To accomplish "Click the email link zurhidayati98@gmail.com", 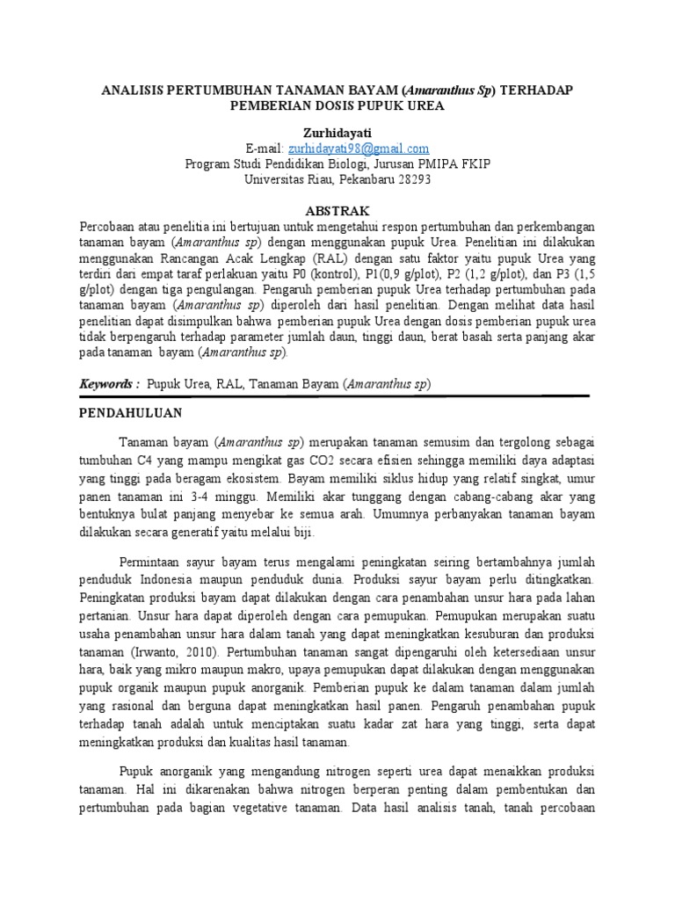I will click(359, 149).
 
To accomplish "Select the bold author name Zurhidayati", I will click(337, 132).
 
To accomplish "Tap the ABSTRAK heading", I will click(337, 212).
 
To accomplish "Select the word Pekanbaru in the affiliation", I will click(357, 179).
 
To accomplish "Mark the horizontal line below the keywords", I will click(337, 398).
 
